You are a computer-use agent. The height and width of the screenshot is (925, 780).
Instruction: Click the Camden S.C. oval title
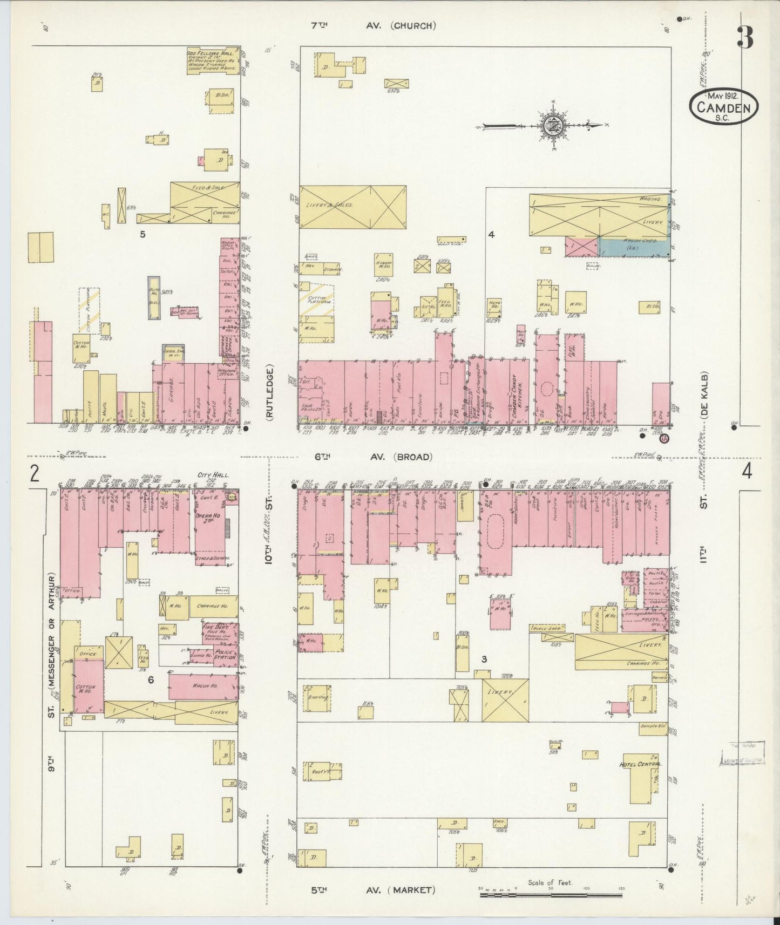723,107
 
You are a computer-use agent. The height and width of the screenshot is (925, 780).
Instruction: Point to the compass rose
554,126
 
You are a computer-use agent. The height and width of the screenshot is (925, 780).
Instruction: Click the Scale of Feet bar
551,895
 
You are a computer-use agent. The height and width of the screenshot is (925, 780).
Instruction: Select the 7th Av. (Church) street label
373,25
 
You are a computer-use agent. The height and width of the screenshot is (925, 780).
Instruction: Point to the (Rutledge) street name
269,393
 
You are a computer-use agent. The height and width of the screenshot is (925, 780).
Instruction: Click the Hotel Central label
642,764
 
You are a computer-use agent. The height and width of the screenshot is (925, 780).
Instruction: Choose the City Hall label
214,475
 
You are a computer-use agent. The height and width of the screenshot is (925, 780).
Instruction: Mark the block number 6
151,680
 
